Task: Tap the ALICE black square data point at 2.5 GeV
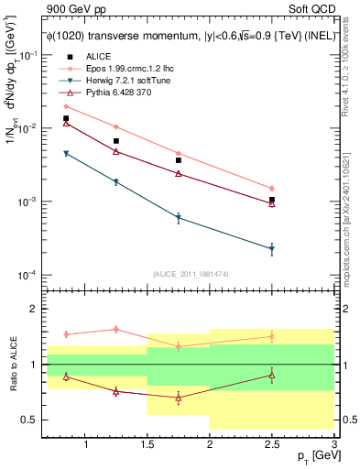click(272, 199)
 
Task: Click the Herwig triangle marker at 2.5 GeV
click(272, 249)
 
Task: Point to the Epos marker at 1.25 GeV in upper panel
click(115, 126)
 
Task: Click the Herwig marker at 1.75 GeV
click(179, 217)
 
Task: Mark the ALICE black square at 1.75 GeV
click(179, 160)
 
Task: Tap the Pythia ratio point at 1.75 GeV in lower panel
click(179, 398)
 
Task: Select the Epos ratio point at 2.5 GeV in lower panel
click(272, 336)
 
